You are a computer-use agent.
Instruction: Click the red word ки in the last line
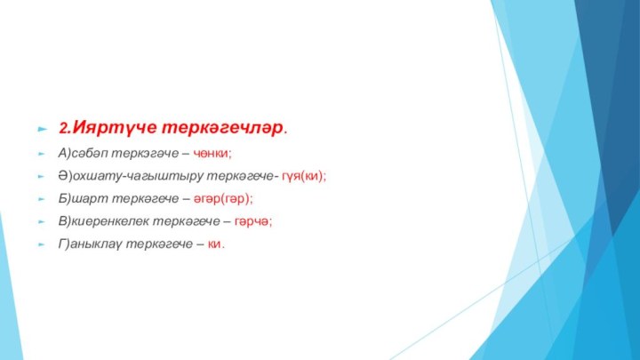tap(213, 243)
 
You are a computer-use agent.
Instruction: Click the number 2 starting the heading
tap(63, 128)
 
